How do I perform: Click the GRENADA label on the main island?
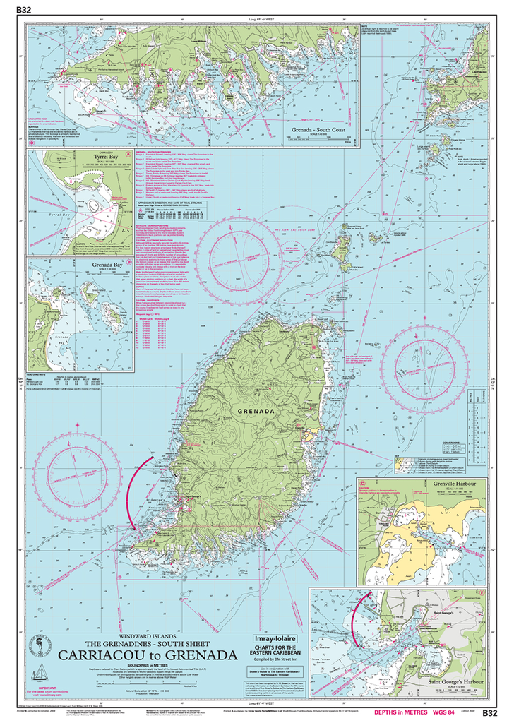[x=258, y=411]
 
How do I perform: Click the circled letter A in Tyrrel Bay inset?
[x=128, y=153]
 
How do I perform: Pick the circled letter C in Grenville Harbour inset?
[x=363, y=484]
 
